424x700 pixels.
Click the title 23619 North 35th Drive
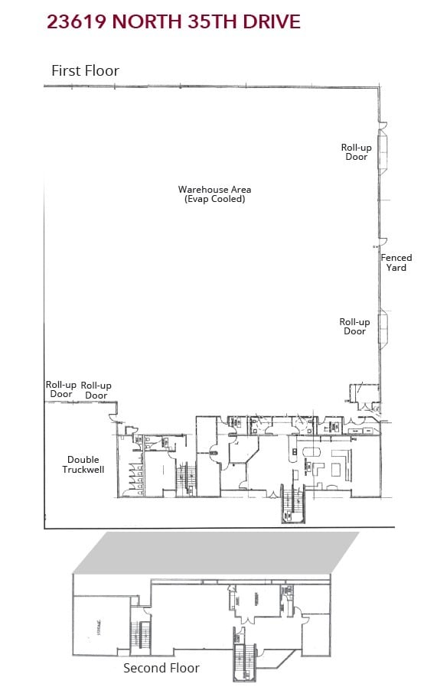tap(173, 21)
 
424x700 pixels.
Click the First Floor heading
tap(85, 70)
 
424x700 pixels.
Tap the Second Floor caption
tap(161, 668)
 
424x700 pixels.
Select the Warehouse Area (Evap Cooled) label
tap(214, 194)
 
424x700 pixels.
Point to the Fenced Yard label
tap(396, 262)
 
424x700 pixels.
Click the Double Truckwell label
tap(83, 464)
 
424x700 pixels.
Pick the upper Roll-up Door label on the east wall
tap(356, 151)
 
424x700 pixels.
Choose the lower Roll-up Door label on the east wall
tap(354, 327)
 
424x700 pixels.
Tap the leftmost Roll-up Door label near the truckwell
tap(61, 389)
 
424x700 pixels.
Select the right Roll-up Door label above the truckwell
tap(96, 390)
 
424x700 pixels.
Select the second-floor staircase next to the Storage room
tap(139, 635)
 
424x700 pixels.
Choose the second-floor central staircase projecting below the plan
tap(245, 662)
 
